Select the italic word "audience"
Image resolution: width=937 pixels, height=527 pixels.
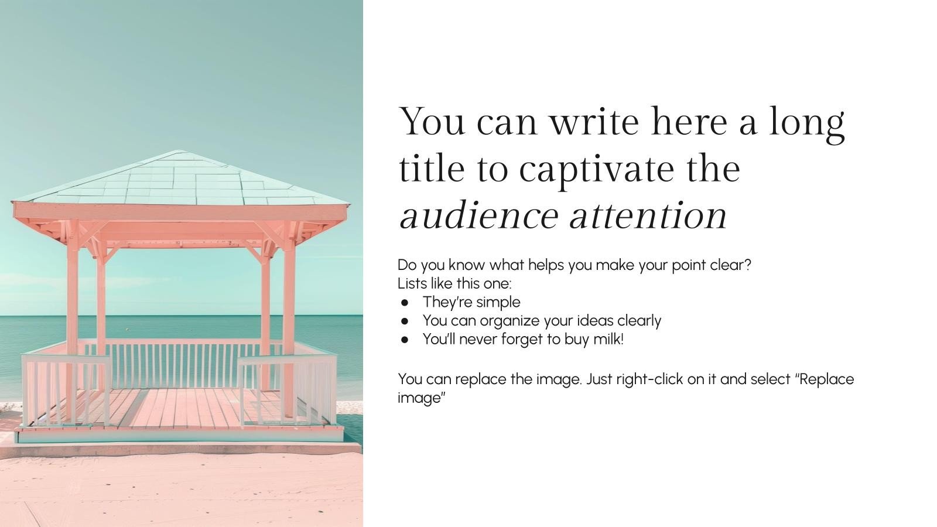point(478,216)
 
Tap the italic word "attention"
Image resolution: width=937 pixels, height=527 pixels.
point(648,216)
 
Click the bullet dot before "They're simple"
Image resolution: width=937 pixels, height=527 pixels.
point(405,303)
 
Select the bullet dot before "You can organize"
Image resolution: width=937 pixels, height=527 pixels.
point(405,321)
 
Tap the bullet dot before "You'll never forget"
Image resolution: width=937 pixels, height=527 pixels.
point(405,340)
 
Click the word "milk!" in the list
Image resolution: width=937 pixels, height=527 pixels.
point(608,339)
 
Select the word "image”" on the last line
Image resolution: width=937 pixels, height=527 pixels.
point(422,398)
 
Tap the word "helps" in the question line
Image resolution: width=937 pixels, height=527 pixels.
point(546,265)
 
